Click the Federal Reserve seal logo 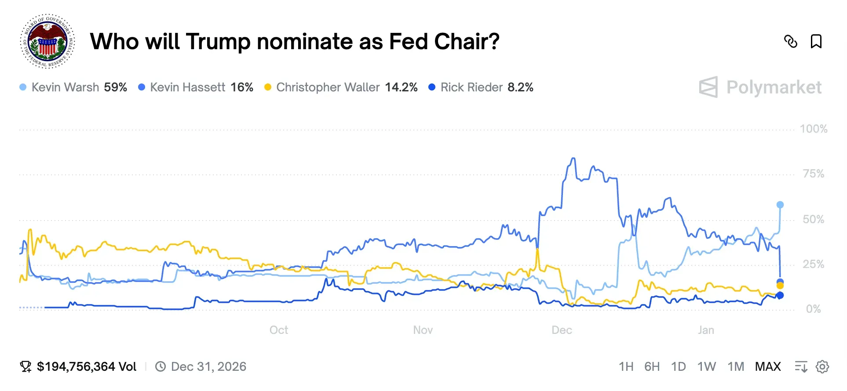pyautogui.click(x=47, y=41)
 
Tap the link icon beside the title pyautogui.click(x=790, y=42)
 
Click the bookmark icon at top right pyautogui.click(x=816, y=42)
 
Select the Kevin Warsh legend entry pyautogui.click(x=73, y=87)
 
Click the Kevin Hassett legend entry pyautogui.click(x=196, y=87)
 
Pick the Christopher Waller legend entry pyautogui.click(x=341, y=87)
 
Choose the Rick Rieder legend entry pyautogui.click(x=481, y=87)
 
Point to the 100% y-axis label pyautogui.click(x=813, y=129)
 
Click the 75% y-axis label pyautogui.click(x=813, y=174)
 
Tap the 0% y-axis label pyautogui.click(x=813, y=309)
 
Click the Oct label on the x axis pyautogui.click(x=278, y=330)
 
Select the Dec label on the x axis pyautogui.click(x=562, y=330)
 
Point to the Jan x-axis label pyautogui.click(x=705, y=330)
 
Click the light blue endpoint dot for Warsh pyautogui.click(x=780, y=205)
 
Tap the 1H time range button pyautogui.click(x=626, y=367)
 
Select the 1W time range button pyautogui.click(x=706, y=367)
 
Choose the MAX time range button pyautogui.click(x=767, y=367)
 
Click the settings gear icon pyautogui.click(x=822, y=367)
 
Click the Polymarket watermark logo pyautogui.click(x=760, y=87)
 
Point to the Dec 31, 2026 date pyautogui.click(x=208, y=367)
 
